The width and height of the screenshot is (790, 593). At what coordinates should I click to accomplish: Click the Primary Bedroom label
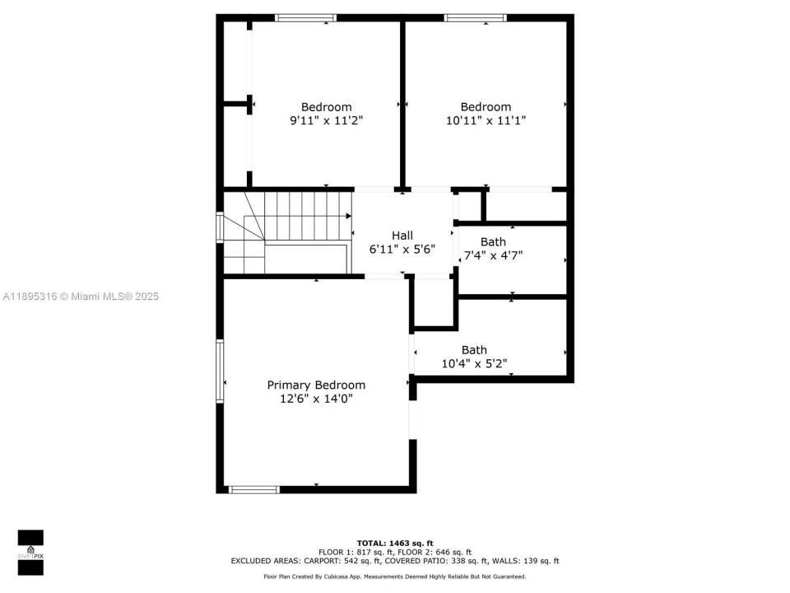[316, 385]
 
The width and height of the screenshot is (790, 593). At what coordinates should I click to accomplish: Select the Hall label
[402, 235]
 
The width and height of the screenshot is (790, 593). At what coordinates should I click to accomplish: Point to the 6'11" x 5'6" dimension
[402, 249]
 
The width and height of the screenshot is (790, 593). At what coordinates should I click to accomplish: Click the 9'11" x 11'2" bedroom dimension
[326, 120]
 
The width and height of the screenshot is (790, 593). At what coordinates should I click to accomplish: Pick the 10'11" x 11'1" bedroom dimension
[485, 120]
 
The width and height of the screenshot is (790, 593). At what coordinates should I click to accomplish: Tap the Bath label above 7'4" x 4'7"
[493, 241]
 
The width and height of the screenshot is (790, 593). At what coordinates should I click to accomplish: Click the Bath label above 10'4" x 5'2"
[474, 350]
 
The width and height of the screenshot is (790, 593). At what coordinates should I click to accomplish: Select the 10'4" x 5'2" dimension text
[474, 363]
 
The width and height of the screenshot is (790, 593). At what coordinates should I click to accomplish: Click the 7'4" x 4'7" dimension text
[493, 255]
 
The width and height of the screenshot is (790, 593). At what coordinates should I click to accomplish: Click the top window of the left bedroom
[305, 17]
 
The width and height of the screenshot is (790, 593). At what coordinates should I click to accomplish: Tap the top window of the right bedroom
[475, 17]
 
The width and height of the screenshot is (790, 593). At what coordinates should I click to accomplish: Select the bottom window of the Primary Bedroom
[254, 489]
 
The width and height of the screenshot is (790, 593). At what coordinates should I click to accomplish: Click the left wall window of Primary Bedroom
[220, 371]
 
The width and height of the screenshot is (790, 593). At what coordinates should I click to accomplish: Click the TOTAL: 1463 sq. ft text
[394, 543]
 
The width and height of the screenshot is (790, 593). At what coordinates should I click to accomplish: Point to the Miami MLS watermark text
[80, 296]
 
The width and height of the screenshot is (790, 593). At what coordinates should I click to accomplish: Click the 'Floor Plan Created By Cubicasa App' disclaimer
[394, 577]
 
